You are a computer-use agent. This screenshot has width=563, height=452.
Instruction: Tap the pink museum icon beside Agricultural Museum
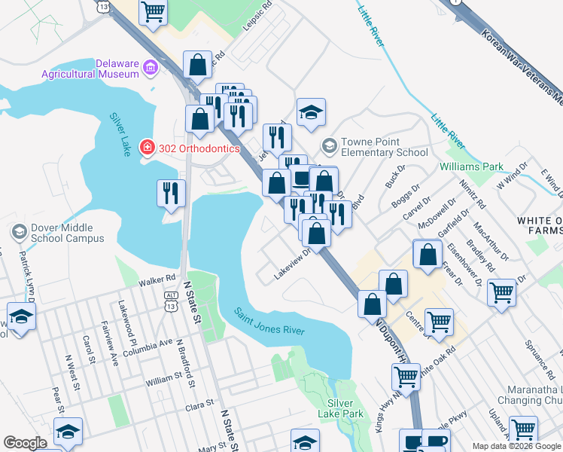(x=151, y=69)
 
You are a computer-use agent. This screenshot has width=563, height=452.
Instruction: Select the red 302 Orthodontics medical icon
(x=148, y=148)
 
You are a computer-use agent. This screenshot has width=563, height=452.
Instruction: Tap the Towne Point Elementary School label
(x=384, y=147)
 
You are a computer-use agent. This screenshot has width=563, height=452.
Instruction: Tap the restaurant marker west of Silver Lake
(x=171, y=193)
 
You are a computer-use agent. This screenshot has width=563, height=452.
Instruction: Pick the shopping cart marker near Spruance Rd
(x=501, y=292)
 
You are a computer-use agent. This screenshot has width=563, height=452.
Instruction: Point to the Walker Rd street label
(x=157, y=282)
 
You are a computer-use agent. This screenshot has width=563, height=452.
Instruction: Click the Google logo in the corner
(x=25, y=443)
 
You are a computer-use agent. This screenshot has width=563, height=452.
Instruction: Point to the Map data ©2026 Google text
(x=516, y=446)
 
